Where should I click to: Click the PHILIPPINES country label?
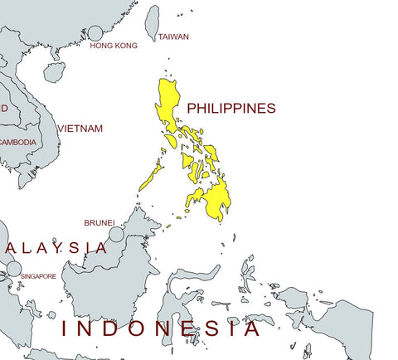[x=231, y=109]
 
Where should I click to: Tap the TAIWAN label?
[x=173, y=37]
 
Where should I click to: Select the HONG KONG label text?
[x=114, y=46]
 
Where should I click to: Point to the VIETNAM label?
[x=82, y=129]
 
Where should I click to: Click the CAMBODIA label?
[x=17, y=142]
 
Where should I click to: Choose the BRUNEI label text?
[x=99, y=223]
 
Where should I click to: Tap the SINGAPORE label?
[x=39, y=276]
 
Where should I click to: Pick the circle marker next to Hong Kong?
[x=95, y=33]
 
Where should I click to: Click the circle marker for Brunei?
[x=116, y=235]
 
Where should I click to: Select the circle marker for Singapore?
[x=13, y=268]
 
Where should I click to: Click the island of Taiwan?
[x=153, y=22]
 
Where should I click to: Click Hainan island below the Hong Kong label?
[x=54, y=72]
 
